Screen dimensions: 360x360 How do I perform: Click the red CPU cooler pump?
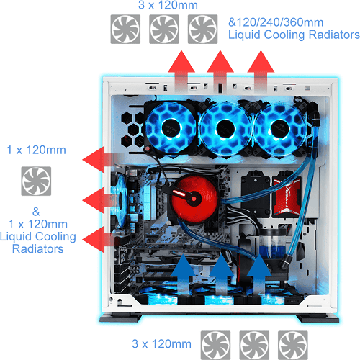tap(194, 199)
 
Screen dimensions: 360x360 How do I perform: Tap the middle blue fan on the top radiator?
tap(225, 129)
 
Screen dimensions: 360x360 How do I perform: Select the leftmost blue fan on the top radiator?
tap(171, 127)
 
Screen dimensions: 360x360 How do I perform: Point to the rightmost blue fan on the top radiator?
tap(280, 129)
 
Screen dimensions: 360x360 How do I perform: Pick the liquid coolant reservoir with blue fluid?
tap(272, 243)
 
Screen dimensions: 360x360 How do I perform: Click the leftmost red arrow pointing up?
tap(181, 70)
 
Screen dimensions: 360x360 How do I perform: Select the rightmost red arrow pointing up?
tap(261, 70)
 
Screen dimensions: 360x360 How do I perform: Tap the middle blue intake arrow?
tap(221, 274)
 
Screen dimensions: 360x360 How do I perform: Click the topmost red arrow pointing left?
tap(101, 160)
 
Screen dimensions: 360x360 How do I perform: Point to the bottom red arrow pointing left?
tap(101, 240)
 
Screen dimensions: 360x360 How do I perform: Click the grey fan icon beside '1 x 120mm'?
tap(36, 181)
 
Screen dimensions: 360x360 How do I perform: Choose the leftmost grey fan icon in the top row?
tap(125, 29)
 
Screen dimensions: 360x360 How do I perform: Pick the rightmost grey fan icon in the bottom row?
tap(293, 345)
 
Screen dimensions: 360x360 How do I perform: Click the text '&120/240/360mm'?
tap(276, 22)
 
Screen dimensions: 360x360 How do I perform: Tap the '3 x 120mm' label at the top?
tap(168, 5)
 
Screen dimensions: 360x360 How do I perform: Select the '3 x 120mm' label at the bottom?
tap(161, 343)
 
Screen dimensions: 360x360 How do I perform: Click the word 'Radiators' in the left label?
tap(38, 248)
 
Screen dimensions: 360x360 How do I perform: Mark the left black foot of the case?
tap(121, 318)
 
